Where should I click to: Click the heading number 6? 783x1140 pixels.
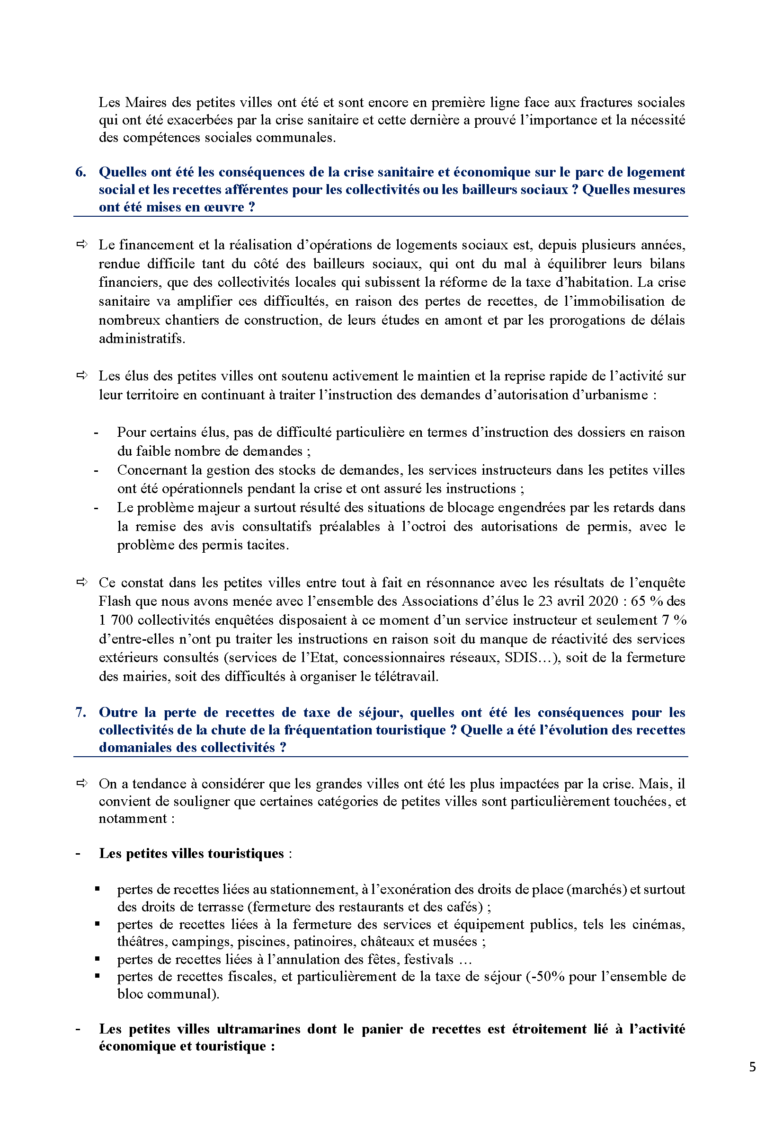pyautogui.click(x=80, y=172)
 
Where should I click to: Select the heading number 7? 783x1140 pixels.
pyautogui.click(x=80, y=712)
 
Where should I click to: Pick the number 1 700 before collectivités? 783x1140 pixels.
pyautogui.click(x=116, y=620)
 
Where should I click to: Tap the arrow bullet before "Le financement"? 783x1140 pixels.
pyautogui.click(x=82, y=244)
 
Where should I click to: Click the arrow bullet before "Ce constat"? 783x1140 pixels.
pyautogui.click(x=82, y=582)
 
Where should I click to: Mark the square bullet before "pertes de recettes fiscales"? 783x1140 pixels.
pyautogui.click(x=98, y=976)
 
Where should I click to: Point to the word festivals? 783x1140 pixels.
pyautogui.click(x=429, y=959)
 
